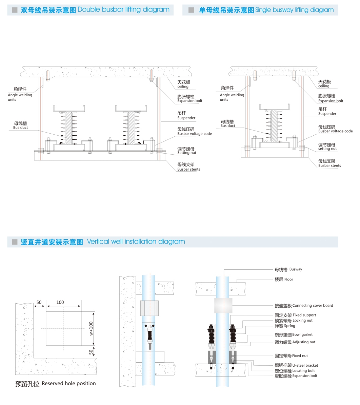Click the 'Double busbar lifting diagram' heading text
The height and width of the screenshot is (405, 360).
coord(123,10)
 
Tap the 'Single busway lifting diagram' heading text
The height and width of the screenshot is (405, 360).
coord(294,10)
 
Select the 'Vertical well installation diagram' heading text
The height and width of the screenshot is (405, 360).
coord(136,242)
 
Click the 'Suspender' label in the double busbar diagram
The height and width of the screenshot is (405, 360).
coord(186,118)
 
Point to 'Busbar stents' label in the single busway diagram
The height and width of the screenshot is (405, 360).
coord(329,166)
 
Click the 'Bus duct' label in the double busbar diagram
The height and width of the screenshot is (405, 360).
coord(20,128)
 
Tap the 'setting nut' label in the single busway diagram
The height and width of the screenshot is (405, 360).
coord(327,149)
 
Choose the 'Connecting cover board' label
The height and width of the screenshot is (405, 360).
coord(313,306)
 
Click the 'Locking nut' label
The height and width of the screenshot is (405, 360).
coord(302,321)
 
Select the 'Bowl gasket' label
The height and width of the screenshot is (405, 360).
coord(302,334)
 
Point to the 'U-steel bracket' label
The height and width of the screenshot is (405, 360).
coord(305,365)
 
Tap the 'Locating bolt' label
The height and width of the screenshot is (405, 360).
coord(303,371)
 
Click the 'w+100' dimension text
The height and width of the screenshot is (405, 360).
coord(91,328)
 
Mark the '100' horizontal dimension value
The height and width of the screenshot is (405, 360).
coord(60,302)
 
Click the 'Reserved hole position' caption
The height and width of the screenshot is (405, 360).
coord(69,383)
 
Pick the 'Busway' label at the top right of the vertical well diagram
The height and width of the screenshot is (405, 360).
coord(296,269)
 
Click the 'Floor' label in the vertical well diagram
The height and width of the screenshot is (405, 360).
coord(288,279)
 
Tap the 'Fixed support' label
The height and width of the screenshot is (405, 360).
coord(304,315)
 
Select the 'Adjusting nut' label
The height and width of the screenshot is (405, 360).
coord(304,342)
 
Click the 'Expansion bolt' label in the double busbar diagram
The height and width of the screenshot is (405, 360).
coord(190,101)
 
